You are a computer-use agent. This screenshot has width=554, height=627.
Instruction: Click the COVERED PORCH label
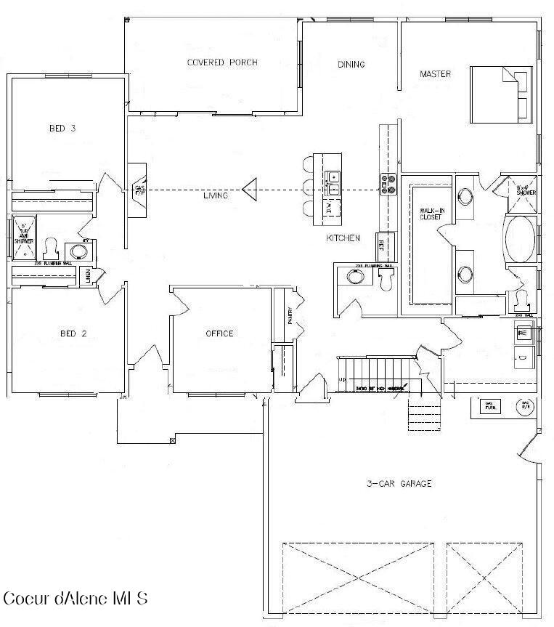(222, 62)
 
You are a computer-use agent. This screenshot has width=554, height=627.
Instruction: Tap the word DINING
(351, 65)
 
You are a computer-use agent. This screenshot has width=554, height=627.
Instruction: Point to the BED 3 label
(62, 129)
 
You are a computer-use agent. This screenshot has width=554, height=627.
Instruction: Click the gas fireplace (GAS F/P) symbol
(139, 191)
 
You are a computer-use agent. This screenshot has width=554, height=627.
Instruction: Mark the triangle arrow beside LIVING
(250, 190)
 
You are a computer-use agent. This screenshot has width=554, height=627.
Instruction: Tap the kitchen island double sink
(333, 184)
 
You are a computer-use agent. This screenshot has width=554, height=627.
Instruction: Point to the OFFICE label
(219, 333)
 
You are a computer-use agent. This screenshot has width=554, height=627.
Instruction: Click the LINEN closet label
(88, 276)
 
